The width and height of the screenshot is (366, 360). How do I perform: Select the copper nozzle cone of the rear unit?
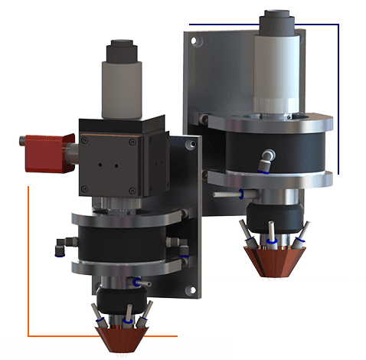tap(273, 260)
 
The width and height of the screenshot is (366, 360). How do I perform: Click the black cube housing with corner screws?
tap(115, 159)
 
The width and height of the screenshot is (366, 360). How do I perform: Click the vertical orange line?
tap(28, 260)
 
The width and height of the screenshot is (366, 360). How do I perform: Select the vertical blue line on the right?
tap(338, 100)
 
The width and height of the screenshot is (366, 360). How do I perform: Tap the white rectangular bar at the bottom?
tap(115, 348)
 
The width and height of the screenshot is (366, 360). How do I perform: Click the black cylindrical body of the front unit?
tap(123, 241)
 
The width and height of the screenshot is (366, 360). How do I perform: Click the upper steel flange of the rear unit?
tap(273, 123)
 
